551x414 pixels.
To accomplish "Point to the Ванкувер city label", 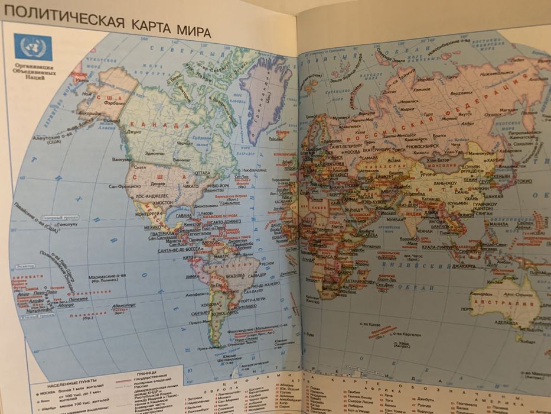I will [123, 159].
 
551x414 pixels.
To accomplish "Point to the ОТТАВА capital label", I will [203, 173].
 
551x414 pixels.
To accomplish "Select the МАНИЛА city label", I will [499, 224].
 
